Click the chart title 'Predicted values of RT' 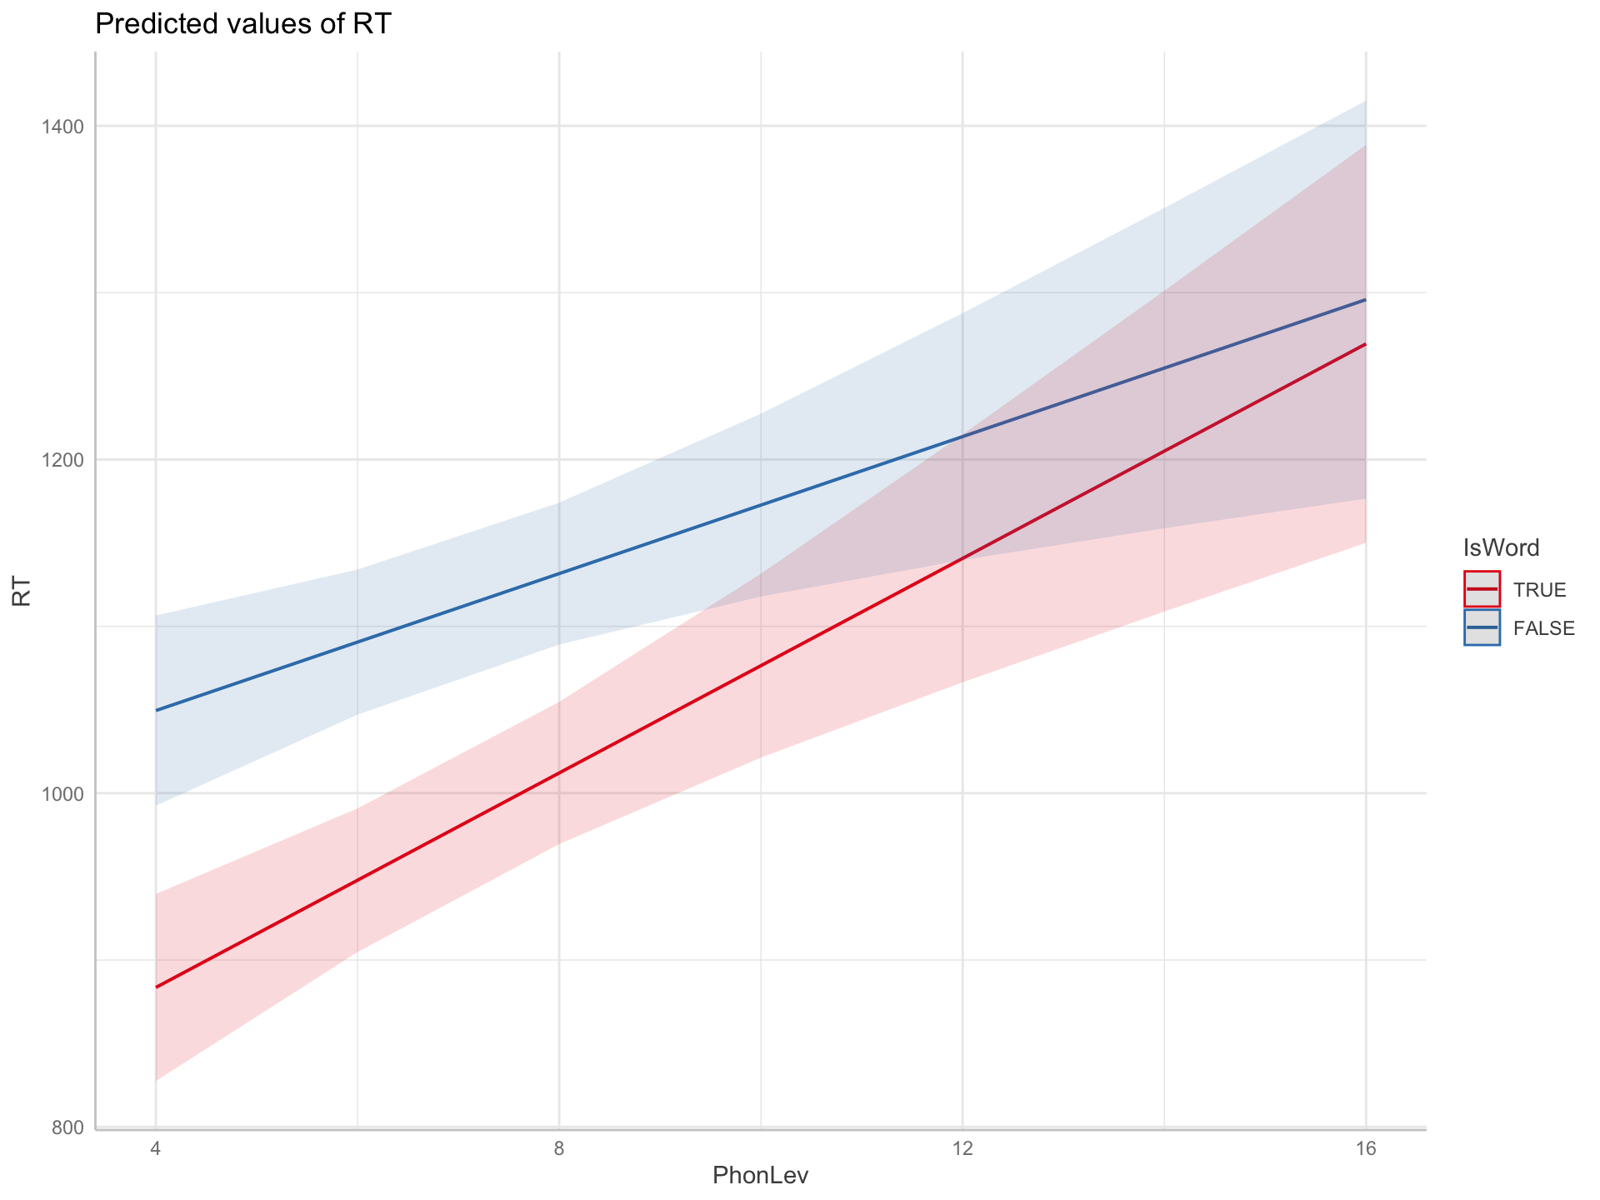click(242, 24)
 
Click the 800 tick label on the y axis click(69, 1127)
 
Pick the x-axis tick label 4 click(156, 1149)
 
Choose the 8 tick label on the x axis click(559, 1149)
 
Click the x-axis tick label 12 click(962, 1149)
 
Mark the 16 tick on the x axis click(1365, 1149)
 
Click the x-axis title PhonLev click(761, 1176)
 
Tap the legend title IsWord click(1501, 547)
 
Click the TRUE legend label click(1540, 590)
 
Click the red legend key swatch click(1482, 589)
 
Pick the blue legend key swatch click(1482, 627)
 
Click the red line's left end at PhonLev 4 click(157, 987)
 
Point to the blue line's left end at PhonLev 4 click(157, 710)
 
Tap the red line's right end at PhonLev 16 click(1364, 344)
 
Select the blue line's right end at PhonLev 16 click(1364, 300)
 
